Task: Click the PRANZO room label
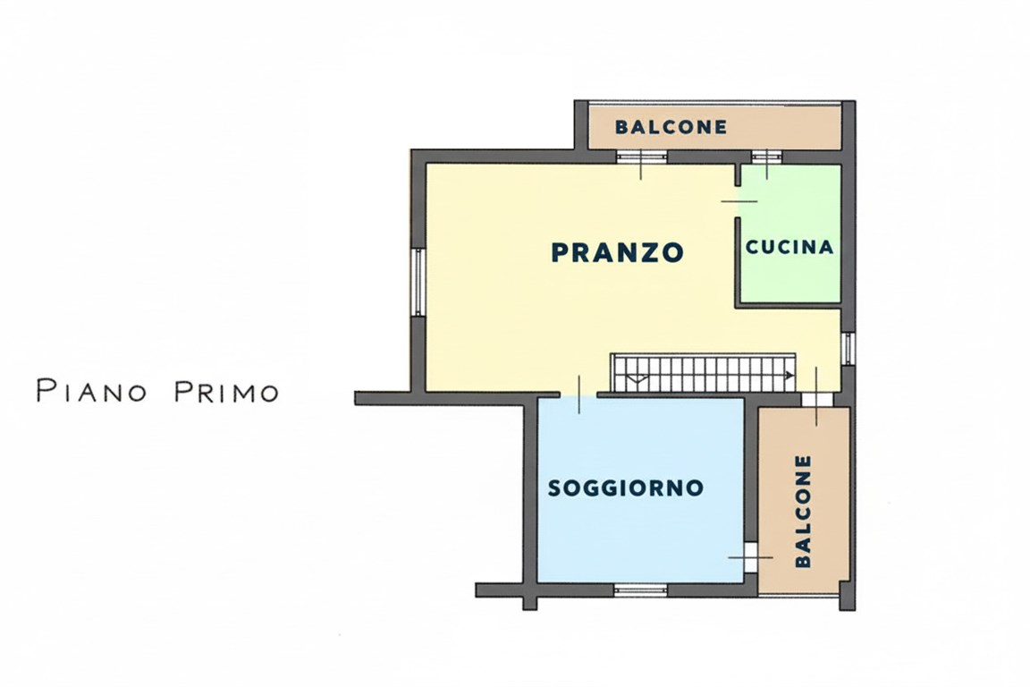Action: pos(617,252)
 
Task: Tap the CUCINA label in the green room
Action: pos(789,247)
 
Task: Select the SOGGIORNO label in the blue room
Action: pos(626,488)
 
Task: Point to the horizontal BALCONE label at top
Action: pos(671,127)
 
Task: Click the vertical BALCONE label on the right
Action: pos(803,511)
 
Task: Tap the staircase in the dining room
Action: pos(703,371)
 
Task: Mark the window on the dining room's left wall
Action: pos(418,281)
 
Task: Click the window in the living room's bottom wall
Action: pos(640,589)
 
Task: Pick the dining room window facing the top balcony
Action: pos(642,157)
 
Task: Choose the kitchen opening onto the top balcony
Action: pos(766,157)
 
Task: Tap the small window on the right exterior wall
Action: pos(848,348)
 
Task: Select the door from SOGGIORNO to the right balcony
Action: pos(751,556)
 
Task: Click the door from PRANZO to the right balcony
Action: pos(815,399)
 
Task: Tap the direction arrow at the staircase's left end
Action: pos(636,377)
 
